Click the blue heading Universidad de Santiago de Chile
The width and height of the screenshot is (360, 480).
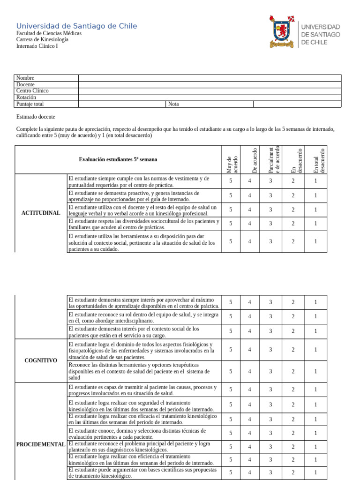coord(77,26)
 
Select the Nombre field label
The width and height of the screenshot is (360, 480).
coord(25,78)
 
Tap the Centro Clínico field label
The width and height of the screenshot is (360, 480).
coord(32,91)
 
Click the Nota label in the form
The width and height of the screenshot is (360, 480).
coord(173,104)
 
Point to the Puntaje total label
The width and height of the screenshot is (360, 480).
coord(30,104)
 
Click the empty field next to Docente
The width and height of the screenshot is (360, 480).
coord(210,84)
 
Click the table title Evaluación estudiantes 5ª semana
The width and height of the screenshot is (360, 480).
coord(118,159)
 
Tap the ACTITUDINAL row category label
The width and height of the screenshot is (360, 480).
coord(41,213)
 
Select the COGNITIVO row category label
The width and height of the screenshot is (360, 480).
coord(41,360)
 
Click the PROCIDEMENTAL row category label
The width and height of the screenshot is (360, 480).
coord(41,444)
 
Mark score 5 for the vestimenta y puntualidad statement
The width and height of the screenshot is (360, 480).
coord(231,181)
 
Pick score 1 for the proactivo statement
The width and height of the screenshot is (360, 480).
coord(315,195)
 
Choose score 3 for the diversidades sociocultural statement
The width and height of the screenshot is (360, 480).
coord(270,224)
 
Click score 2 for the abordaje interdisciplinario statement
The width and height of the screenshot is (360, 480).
coord(293,316)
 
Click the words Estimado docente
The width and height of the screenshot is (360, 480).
coord(36,117)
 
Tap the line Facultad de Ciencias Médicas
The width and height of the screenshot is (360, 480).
coord(49,34)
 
